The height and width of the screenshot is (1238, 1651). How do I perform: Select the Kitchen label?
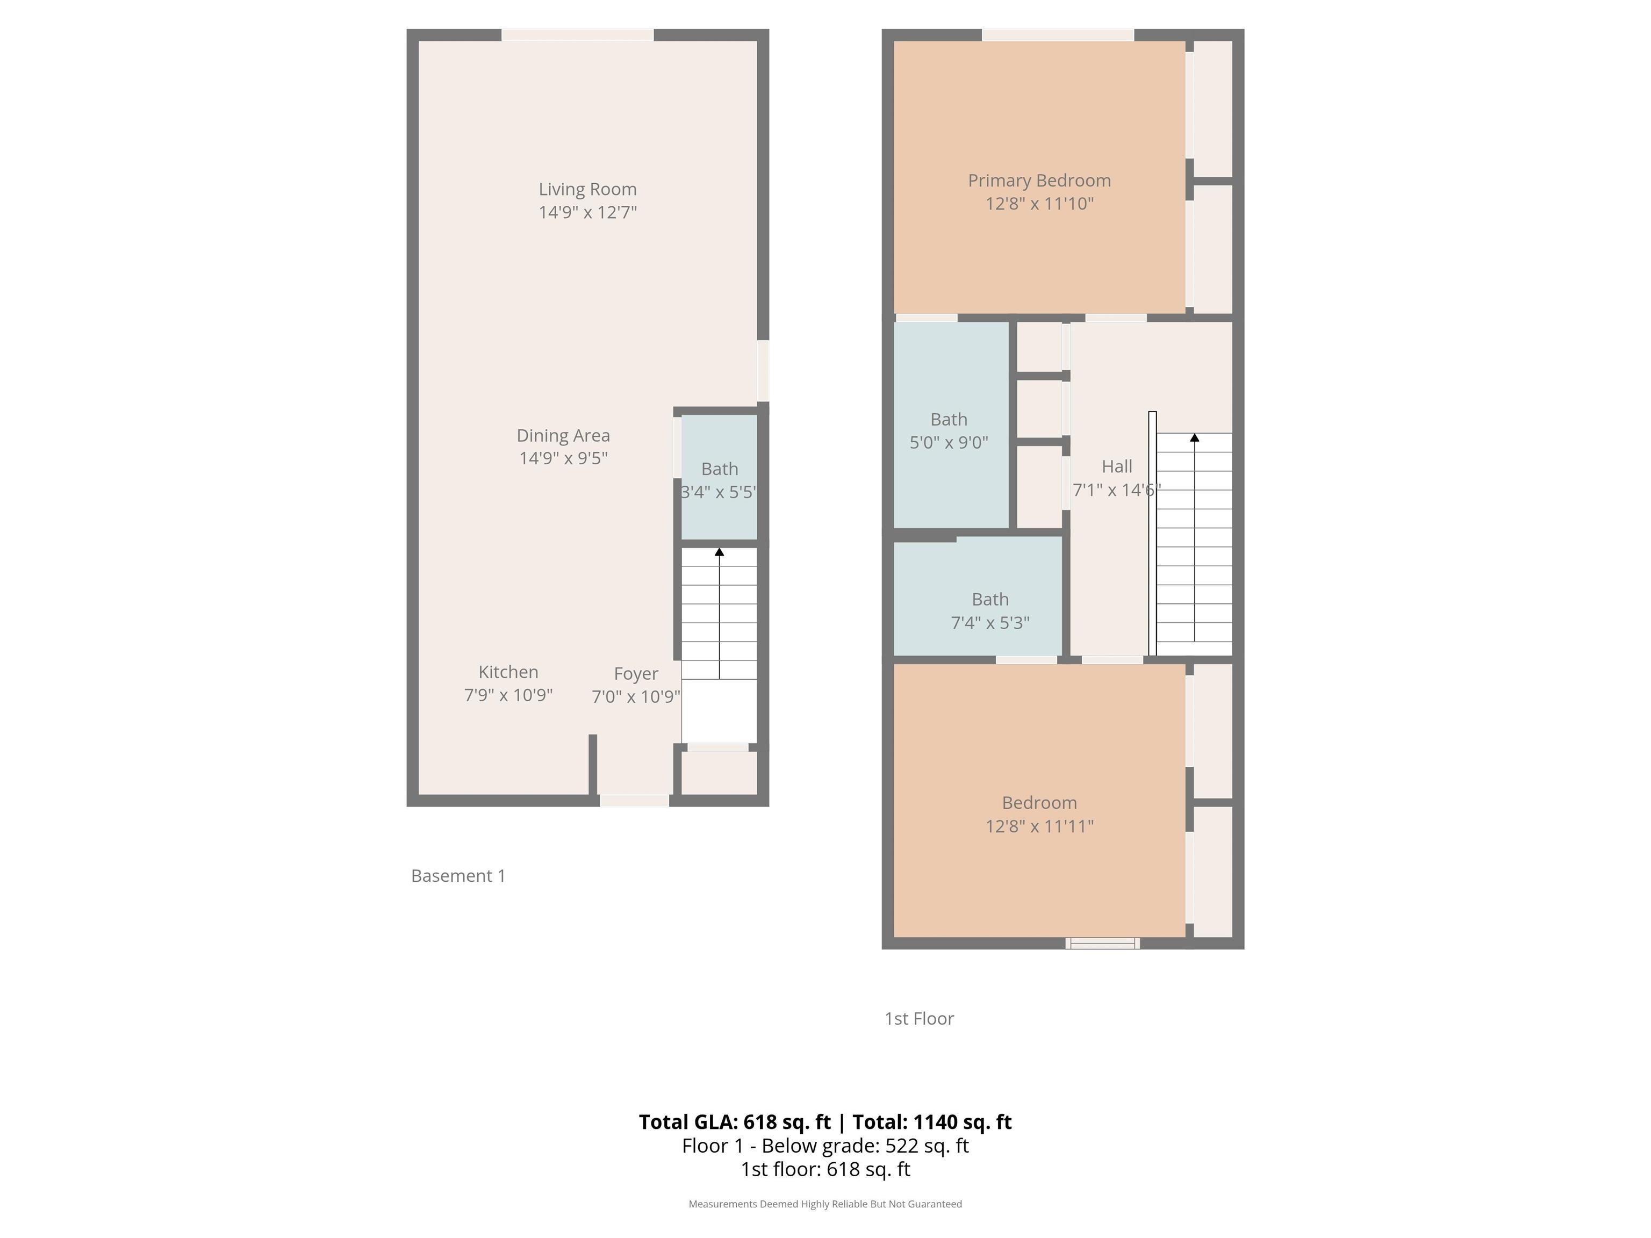coord(508,672)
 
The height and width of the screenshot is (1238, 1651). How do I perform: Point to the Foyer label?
coord(636,674)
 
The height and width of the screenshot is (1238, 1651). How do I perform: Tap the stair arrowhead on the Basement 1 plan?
coord(720,552)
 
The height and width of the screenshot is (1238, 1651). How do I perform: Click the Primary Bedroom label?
coord(1039,181)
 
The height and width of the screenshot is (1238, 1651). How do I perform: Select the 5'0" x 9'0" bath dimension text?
coord(949,443)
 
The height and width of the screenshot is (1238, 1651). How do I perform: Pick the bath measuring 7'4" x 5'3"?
coord(978,597)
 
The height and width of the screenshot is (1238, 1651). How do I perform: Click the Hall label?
coord(1117,466)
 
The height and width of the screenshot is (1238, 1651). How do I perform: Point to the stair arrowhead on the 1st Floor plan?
coord(1194,438)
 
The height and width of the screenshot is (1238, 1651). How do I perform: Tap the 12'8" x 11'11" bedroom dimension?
coord(1039,826)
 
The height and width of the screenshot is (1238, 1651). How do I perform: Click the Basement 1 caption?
coord(458,875)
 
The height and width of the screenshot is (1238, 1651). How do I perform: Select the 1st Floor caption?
coord(919,1019)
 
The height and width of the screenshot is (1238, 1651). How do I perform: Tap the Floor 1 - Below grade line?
coord(825,1146)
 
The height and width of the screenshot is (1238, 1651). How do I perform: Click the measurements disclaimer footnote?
coord(825,1204)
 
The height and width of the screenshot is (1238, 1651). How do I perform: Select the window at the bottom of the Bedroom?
coord(1102,943)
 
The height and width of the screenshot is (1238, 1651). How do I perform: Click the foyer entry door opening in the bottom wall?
coord(634,801)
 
